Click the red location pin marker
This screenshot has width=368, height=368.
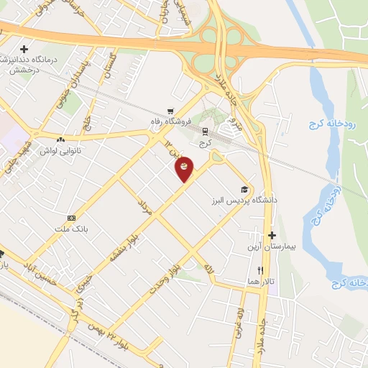tap(185, 168)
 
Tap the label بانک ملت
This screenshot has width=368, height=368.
tap(71, 229)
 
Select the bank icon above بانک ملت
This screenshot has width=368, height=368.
tap(71, 218)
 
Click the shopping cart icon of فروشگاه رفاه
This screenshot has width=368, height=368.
tap(170, 111)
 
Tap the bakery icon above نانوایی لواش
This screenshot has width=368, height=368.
tap(61, 139)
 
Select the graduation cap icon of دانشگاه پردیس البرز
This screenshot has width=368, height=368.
tap(245, 189)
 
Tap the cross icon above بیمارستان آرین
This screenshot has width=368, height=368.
tap(272, 235)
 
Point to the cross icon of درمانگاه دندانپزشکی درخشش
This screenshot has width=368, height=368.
tap(24, 47)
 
